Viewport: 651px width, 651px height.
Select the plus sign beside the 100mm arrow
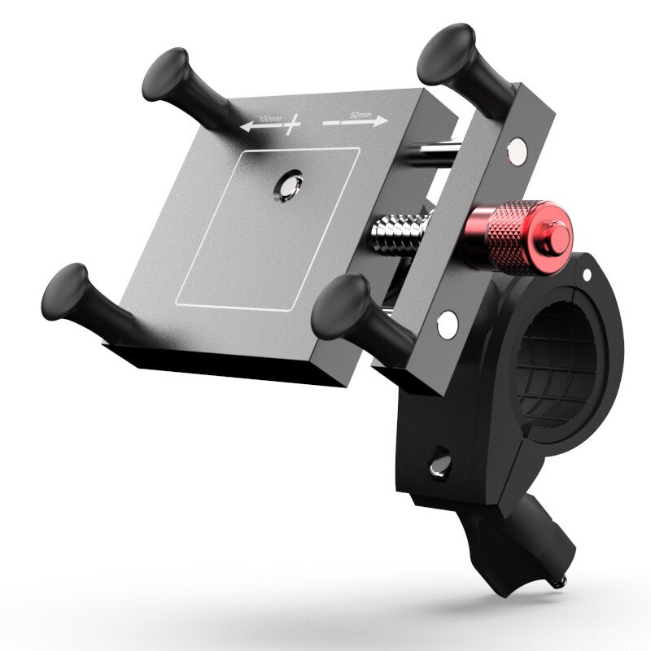pyautogui.click(x=291, y=123)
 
